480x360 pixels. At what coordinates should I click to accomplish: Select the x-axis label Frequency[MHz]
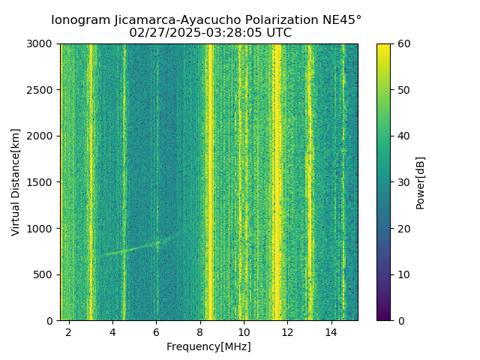click(208, 346)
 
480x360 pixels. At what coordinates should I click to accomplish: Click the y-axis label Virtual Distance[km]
click(16, 182)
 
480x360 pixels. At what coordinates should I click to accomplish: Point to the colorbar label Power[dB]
click(421, 182)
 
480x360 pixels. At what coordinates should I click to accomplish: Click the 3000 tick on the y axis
click(42, 44)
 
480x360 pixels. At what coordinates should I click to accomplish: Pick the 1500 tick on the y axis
click(42, 182)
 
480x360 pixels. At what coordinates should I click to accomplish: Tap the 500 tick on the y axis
click(45, 274)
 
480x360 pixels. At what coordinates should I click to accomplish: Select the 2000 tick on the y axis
click(42, 136)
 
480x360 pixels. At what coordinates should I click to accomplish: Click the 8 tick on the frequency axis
click(200, 332)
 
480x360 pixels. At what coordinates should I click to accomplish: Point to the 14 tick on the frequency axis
click(331, 332)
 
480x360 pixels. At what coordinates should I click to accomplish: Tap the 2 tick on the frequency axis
click(69, 332)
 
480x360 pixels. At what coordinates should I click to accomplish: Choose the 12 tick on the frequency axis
click(287, 332)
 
